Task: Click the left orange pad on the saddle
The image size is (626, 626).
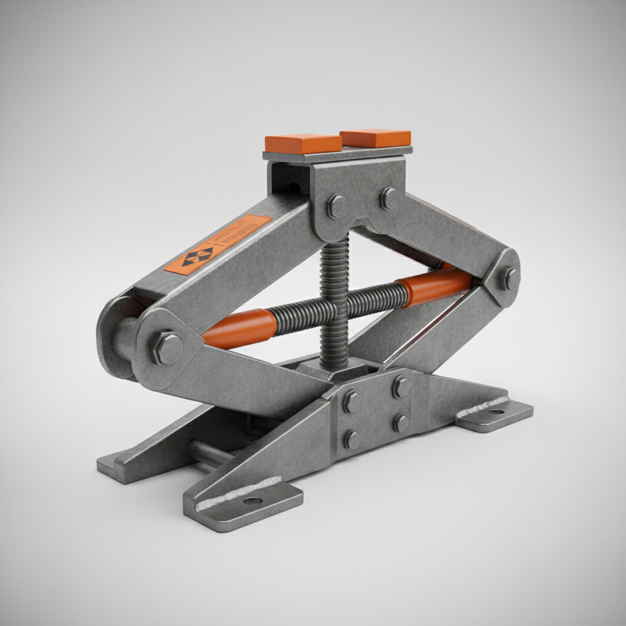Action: pos(303,144)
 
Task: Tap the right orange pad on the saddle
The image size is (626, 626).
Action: pos(375,138)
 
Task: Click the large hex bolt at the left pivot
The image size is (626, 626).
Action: pos(167,348)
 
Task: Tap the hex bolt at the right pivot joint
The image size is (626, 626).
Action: pos(508,279)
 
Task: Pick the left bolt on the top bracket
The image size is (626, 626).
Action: pos(336,206)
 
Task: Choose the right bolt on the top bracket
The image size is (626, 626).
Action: pos(389,198)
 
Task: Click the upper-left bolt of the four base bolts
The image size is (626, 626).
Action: pos(352,401)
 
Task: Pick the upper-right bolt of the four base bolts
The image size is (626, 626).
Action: pos(401,387)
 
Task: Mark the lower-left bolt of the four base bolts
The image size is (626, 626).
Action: pos(352,440)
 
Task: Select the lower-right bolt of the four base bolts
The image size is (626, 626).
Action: pos(400,422)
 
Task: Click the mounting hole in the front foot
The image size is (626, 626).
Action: pos(252,501)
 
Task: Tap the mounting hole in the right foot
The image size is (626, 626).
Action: pos(496,412)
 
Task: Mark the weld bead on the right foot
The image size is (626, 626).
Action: pos(483,406)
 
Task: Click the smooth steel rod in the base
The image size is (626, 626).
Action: pos(208,453)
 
